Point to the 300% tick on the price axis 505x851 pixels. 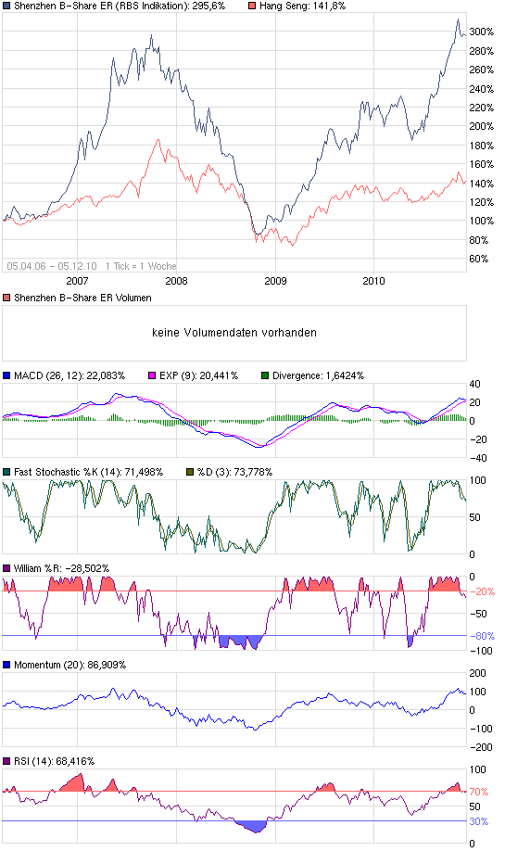pos(480,31)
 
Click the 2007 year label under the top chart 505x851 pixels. pos(77,280)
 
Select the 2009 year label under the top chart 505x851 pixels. pos(275,280)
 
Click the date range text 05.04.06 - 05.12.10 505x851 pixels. pos(52,265)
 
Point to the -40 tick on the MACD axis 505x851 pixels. pos(478,457)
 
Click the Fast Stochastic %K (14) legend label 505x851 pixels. pos(88,472)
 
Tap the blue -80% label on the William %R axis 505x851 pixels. pos(484,636)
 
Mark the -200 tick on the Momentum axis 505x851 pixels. pos(481,746)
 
